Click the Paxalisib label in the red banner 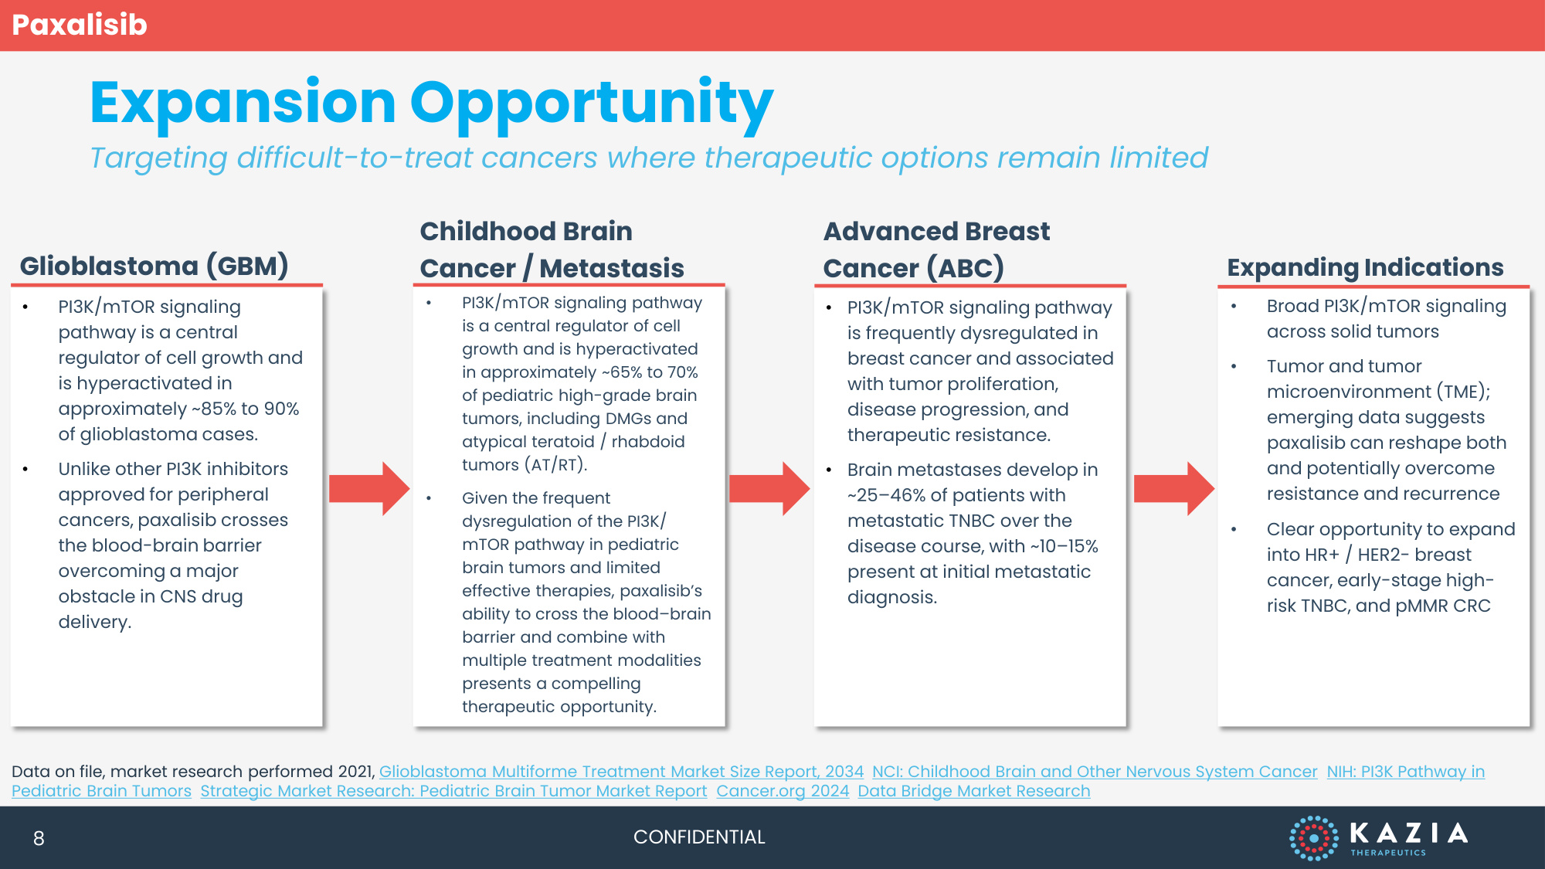pos(80,25)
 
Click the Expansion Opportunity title pos(431,104)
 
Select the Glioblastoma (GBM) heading pos(154,266)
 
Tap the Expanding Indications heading pos(1365,267)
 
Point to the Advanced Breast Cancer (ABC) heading pos(936,249)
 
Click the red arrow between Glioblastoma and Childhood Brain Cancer pos(369,489)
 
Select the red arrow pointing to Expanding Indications pos(1174,489)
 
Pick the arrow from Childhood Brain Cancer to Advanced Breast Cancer pos(769,489)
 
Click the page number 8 pos(39,838)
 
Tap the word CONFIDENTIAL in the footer pos(699,837)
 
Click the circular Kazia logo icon pos(1313,837)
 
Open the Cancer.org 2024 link pos(783,791)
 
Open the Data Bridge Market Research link pos(974,791)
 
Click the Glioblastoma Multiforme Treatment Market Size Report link pos(621,772)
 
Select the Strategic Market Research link pos(453,791)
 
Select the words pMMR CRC pos(1443,606)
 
